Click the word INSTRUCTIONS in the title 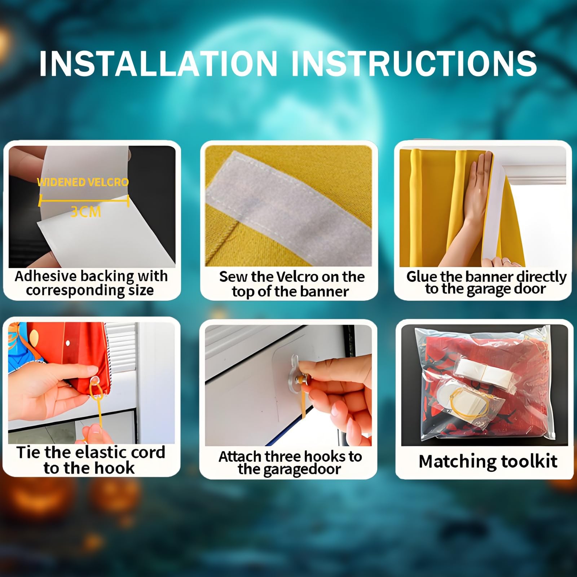(414, 63)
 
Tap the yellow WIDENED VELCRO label (83, 182)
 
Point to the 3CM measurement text (85, 212)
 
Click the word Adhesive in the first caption (46, 276)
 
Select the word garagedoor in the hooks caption (289, 470)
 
